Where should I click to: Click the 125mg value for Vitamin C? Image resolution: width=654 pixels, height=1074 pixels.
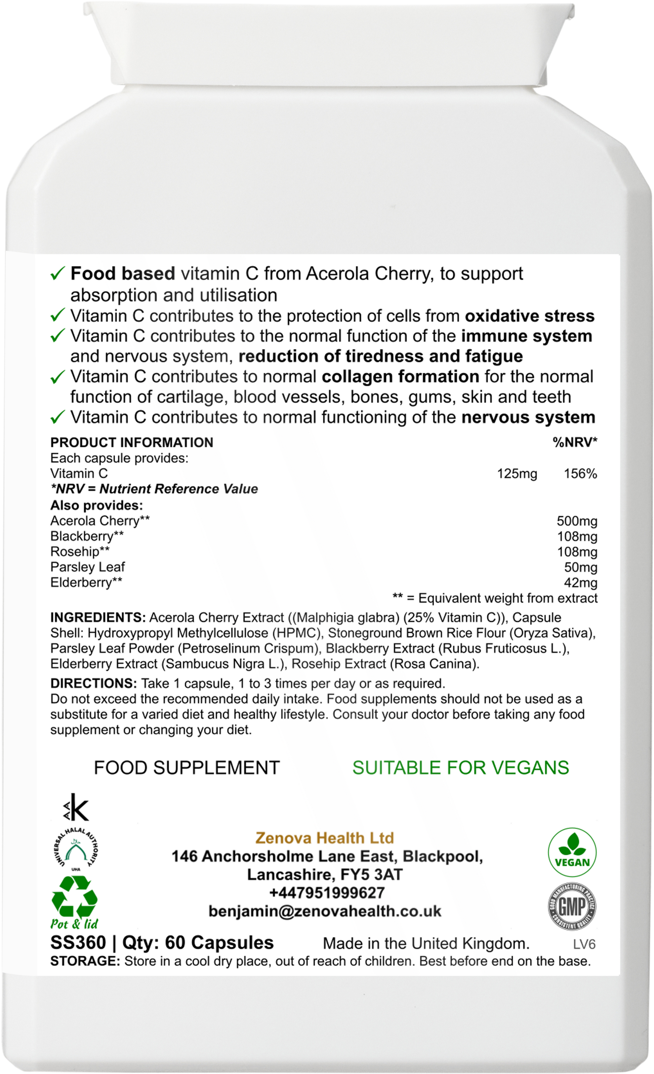(517, 474)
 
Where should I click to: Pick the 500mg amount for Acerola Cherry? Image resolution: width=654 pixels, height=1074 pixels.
(577, 521)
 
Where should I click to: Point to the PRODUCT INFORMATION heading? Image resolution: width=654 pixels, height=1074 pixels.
(132, 443)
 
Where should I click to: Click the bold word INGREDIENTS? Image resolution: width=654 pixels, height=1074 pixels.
(97, 618)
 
